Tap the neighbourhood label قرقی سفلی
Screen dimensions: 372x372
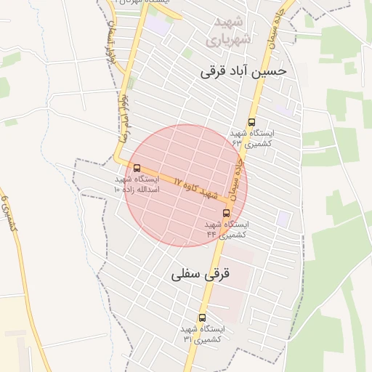(x=201, y=275)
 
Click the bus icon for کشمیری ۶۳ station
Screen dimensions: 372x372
(x=252, y=122)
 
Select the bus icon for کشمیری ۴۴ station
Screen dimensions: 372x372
(x=227, y=213)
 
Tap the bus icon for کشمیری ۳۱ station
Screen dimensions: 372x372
(x=202, y=318)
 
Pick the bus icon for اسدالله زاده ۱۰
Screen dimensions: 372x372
(x=137, y=168)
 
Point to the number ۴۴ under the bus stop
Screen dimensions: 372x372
(x=211, y=234)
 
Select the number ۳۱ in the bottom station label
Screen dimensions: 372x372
(x=187, y=339)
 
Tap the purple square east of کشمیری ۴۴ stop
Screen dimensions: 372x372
(x=283, y=218)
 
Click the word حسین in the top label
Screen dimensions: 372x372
(x=273, y=71)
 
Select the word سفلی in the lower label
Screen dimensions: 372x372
(x=185, y=275)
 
